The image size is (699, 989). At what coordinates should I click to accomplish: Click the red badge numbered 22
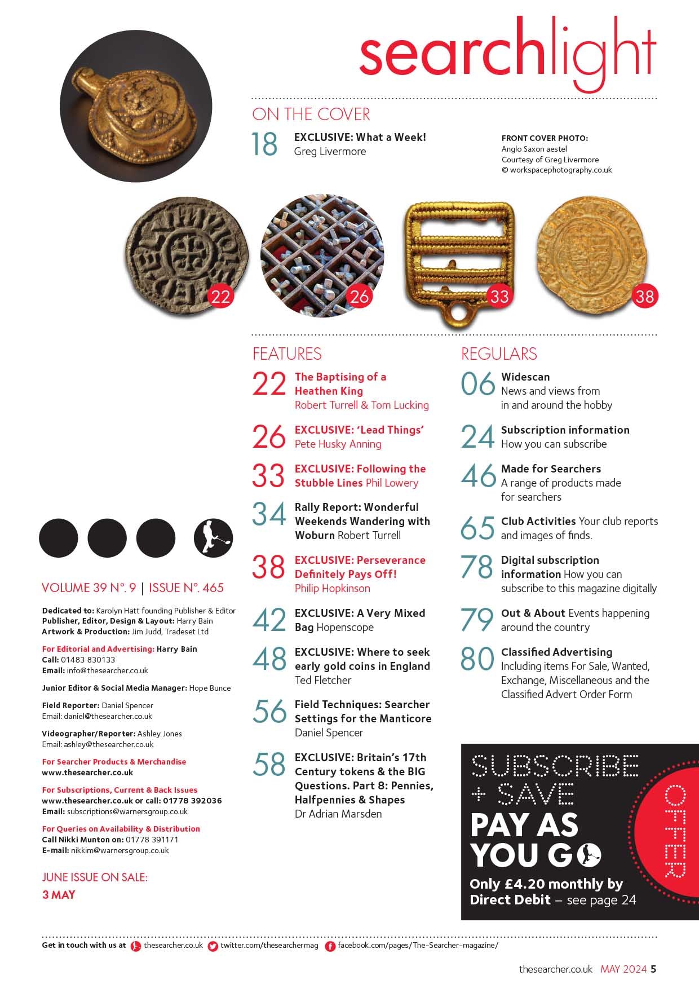click(x=220, y=296)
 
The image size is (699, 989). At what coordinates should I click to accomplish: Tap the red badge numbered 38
click(x=644, y=296)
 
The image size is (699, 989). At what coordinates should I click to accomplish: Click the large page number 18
click(x=264, y=144)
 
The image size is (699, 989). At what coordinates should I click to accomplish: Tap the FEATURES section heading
click(x=287, y=354)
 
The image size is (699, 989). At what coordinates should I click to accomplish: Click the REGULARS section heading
click(x=499, y=354)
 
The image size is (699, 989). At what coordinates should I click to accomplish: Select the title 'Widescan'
click(x=525, y=377)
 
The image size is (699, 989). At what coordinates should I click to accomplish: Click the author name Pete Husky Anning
click(x=338, y=444)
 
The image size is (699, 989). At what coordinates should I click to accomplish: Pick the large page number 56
click(x=269, y=712)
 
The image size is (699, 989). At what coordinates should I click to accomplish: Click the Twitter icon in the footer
click(x=213, y=946)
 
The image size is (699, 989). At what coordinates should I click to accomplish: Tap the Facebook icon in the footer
click(x=330, y=946)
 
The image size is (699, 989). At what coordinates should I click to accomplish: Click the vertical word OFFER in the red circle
click(x=675, y=832)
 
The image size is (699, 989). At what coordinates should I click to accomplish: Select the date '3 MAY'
click(x=59, y=895)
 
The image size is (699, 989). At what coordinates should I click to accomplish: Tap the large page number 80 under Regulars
click(x=477, y=659)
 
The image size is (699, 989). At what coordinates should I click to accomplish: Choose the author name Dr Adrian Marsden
click(x=338, y=814)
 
